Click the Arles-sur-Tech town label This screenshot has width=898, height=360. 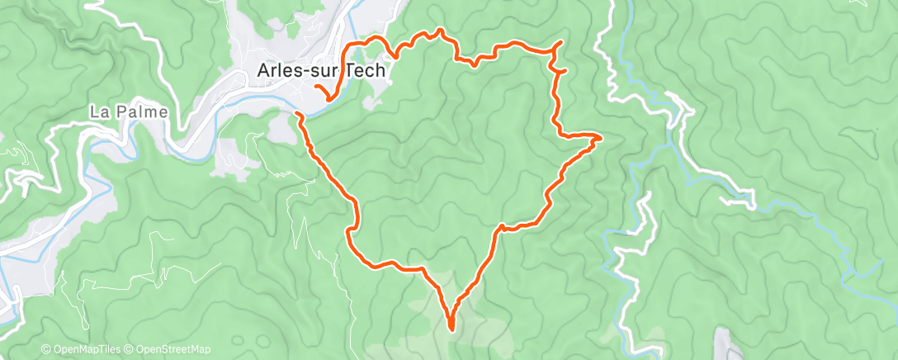321,71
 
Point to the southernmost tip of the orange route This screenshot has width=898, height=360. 451,328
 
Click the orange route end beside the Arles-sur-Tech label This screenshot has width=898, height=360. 317,87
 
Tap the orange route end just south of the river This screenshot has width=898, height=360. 297,113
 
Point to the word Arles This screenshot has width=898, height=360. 279,71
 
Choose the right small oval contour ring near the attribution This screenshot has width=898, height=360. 262,340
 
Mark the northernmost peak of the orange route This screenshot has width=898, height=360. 441,31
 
